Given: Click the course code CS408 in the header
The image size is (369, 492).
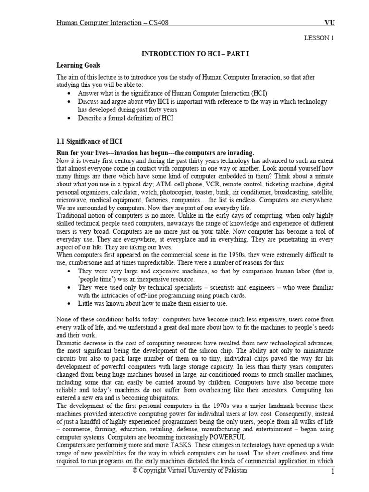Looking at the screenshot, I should pos(156,22).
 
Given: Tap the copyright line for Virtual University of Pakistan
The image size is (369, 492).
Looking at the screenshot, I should pos(190,470).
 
